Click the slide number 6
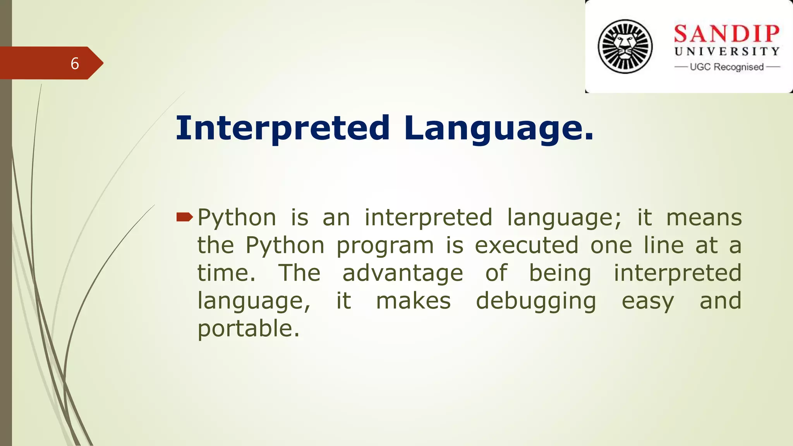tap(75, 63)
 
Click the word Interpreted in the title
tap(283, 128)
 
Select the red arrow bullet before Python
tap(184, 217)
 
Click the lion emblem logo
tap(625, 46)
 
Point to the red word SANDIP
tap(726, 34)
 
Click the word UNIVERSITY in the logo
tap(727, 51)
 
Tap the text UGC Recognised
tap(727, 67)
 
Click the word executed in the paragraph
tap(527, 245)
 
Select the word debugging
tap(536, 301)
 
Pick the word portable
tap(248, 328)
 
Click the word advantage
tap(403, 273)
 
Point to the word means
tap(704, 218)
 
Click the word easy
tap(648, 301)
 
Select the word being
tap(560, 273)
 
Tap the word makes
tap(414, 301)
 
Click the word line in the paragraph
tap(664, 245)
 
